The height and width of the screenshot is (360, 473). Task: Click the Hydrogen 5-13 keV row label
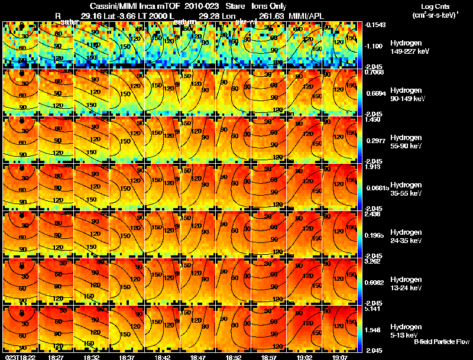tap(406, 330)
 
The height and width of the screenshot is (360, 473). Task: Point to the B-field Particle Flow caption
tap(442, 342)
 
